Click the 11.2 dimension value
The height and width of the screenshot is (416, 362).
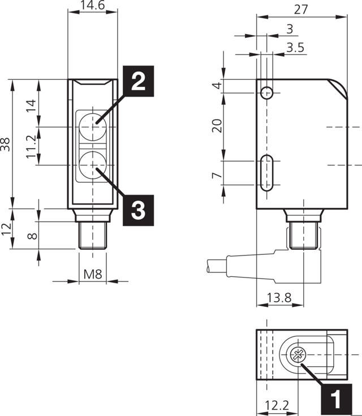pyautogui.click(x=32, y=146)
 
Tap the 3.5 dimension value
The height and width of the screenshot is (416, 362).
pyautogui.click(x=295, y=48)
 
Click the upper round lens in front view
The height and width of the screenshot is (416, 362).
pyautogui.click(x=92, y=126)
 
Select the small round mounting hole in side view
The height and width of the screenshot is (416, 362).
pyautogui.click(x=268, y=93)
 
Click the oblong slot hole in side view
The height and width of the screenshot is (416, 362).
pyautogui.click(x=268, y=172)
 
